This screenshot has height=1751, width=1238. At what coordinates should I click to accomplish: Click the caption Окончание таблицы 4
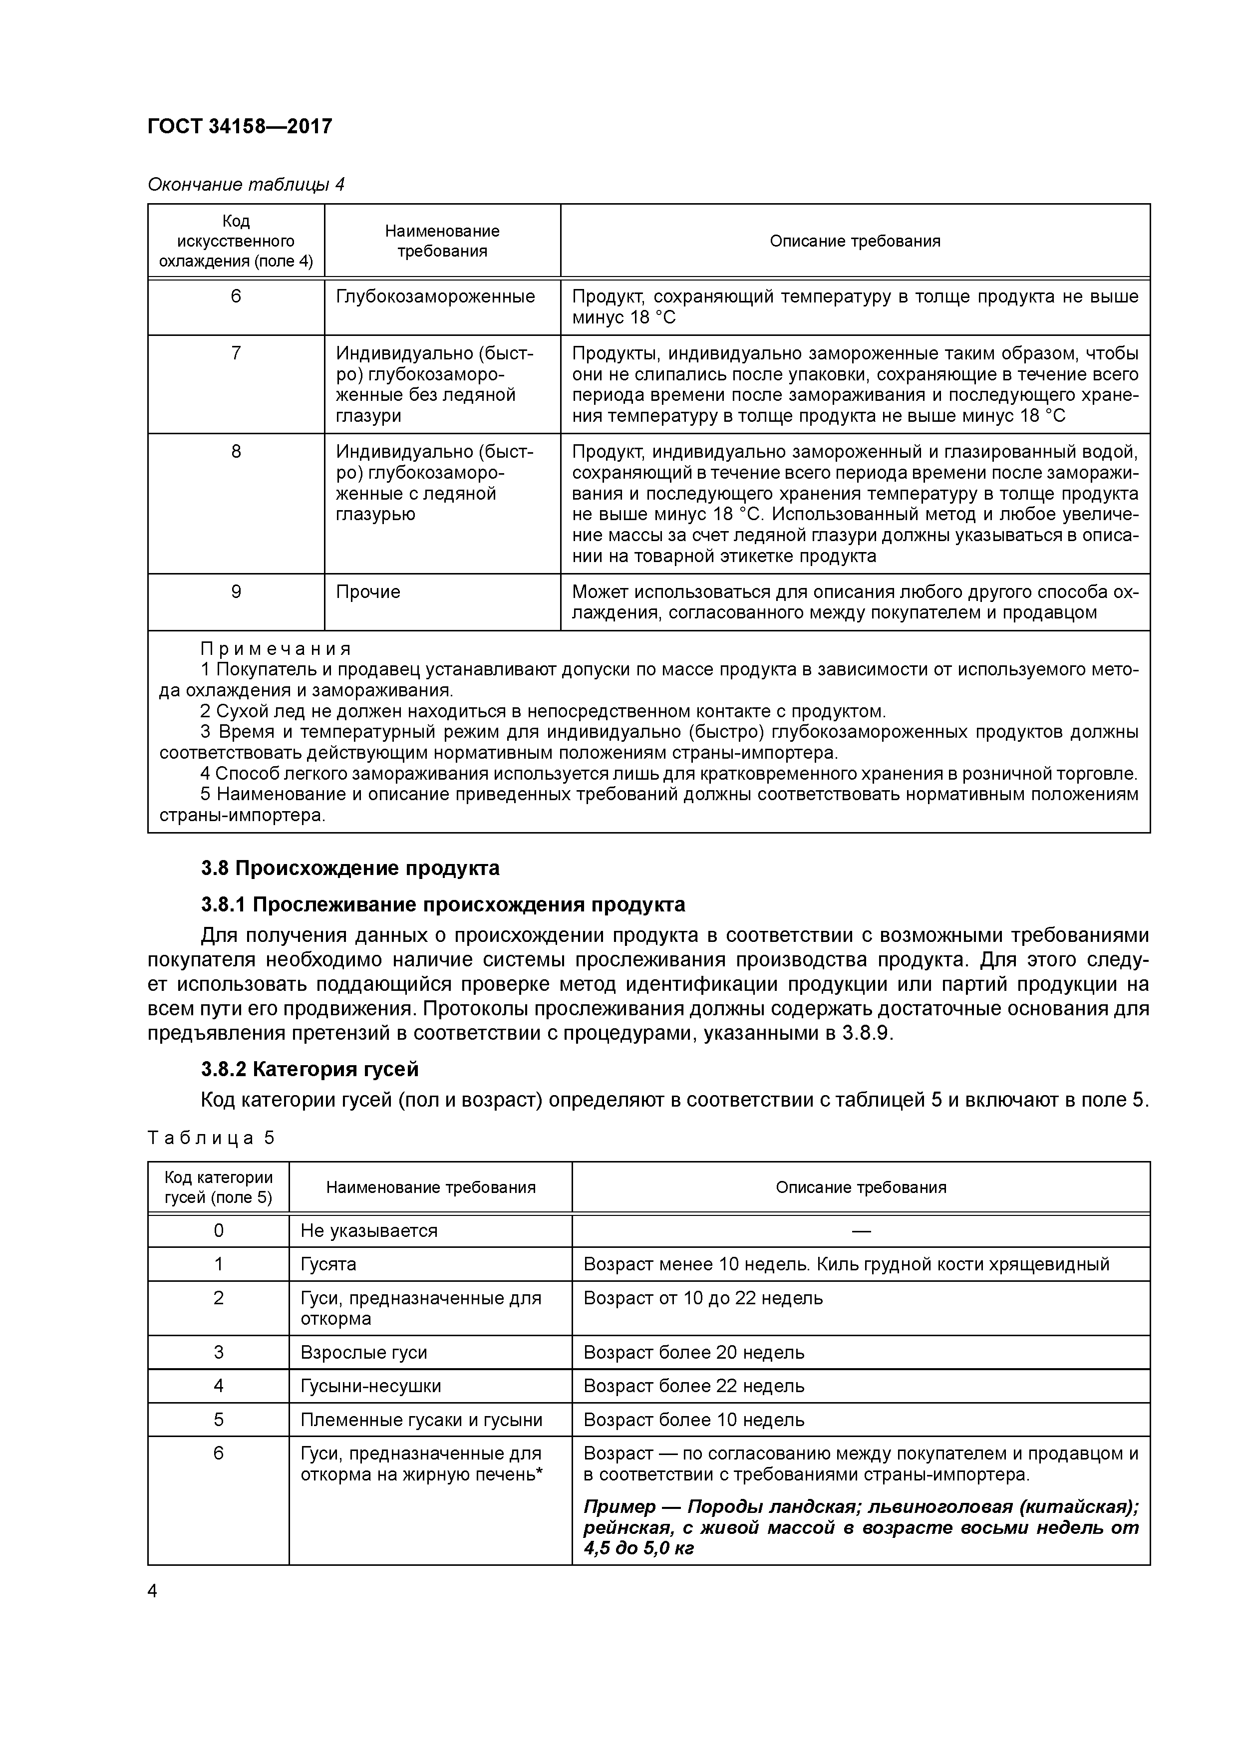[246, 185]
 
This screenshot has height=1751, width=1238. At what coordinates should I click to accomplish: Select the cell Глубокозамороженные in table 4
[435, 296]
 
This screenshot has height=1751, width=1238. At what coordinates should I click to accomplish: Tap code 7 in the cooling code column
[236, 353]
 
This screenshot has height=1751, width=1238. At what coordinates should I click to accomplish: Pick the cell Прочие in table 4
[368, 592]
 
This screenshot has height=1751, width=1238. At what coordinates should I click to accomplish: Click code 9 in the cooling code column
[236, 592]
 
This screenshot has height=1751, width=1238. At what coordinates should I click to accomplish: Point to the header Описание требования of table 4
[854, 241]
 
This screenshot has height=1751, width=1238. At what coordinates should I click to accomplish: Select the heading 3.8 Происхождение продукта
[350, 868]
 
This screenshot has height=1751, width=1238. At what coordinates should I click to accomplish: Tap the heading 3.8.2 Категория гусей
[309, 1069]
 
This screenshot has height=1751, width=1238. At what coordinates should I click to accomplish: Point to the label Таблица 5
[211, 1138]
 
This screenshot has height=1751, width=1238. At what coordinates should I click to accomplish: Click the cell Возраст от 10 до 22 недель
[702, 1297]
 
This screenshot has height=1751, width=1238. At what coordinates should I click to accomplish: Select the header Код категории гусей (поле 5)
[218, 1187]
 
